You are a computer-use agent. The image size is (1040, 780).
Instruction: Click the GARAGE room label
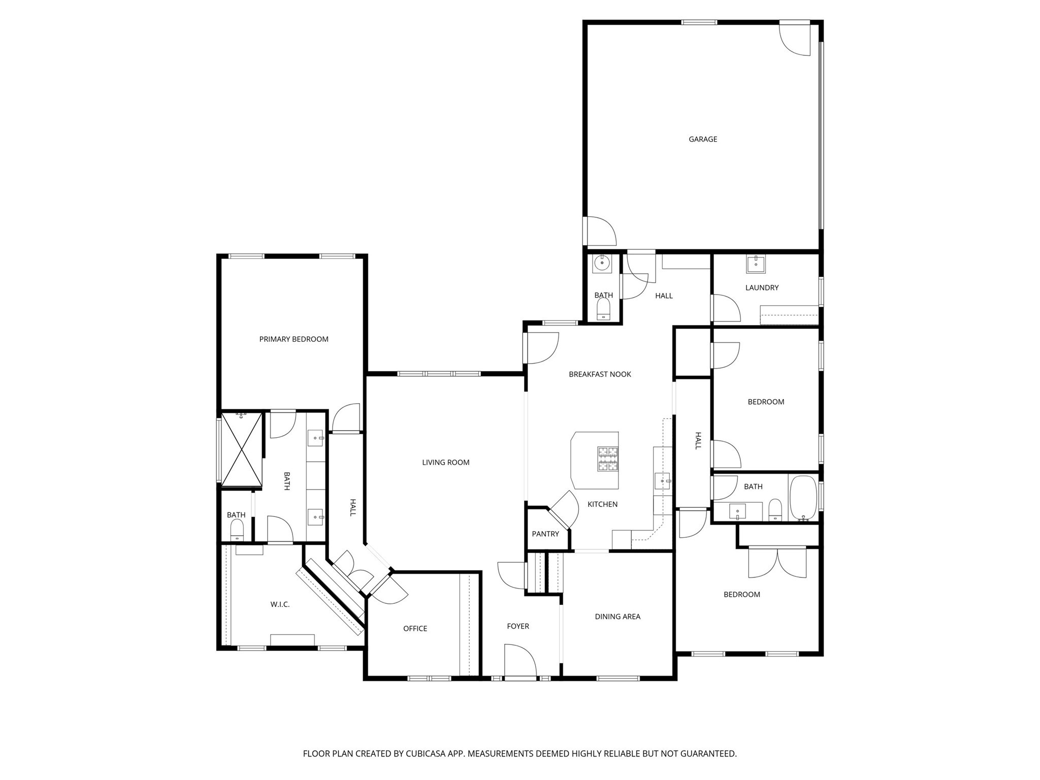point(702,139)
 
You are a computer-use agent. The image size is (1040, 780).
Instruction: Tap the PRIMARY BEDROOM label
point(294,339)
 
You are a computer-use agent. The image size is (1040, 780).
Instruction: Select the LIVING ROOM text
point(445,462)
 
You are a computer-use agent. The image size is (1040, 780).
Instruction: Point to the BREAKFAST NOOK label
point(600,374)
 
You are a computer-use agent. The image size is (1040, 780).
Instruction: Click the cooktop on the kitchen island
point(608,459)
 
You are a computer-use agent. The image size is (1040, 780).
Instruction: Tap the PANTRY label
point(545,534)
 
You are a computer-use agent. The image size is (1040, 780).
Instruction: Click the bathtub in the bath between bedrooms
point(802,497)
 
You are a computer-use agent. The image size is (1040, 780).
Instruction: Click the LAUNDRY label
point(761,287)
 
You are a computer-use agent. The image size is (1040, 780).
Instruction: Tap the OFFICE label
point(415,629)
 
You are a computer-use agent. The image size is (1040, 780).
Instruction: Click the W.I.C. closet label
point(280,604)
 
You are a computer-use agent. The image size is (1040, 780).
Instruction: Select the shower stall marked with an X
point(242,449)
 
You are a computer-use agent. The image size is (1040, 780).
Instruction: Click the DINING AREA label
point(617,616)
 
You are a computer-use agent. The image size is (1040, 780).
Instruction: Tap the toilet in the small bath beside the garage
point(603,309)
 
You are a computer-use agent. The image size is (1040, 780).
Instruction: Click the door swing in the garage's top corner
point(795,39)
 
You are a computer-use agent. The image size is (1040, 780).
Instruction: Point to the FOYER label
point(517,626)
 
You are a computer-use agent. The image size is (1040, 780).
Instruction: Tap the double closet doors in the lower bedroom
point(777,563)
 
